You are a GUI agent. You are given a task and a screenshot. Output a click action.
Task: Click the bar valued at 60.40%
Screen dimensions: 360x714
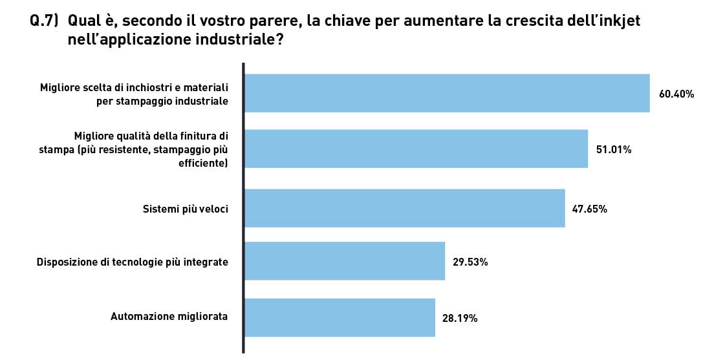(x=446, y=93)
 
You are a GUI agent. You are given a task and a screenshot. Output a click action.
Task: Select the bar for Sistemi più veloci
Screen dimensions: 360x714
(x=404, y=208)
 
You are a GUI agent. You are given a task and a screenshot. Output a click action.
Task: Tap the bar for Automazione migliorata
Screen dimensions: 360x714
(x=340, y=317)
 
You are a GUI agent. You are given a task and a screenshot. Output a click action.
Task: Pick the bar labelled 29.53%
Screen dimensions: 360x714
(x=345, y=261)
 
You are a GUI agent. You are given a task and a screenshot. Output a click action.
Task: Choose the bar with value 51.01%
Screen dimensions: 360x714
(x=416, y=149)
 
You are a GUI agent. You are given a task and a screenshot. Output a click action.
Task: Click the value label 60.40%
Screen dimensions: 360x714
(x=676, y=94)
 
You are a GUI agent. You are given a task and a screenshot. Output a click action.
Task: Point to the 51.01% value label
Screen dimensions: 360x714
(x=614, y=149)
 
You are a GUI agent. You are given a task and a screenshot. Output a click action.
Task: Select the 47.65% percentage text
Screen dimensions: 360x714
(x=589, y=209)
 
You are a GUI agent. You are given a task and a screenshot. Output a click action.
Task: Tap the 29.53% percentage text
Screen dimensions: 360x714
(x=470, y=262)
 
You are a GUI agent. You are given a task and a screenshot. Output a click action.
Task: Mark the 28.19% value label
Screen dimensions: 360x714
(x=460, y=318)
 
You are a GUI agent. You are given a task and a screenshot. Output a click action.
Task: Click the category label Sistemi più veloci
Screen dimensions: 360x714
(x=185, y=209)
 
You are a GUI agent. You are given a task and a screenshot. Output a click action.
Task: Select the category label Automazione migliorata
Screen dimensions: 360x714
(x=169, y=317)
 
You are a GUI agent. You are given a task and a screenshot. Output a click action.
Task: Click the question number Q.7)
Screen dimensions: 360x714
(x=45, y=21)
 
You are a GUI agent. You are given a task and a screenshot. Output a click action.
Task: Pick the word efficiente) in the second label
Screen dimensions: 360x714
(x=204, y=164)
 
